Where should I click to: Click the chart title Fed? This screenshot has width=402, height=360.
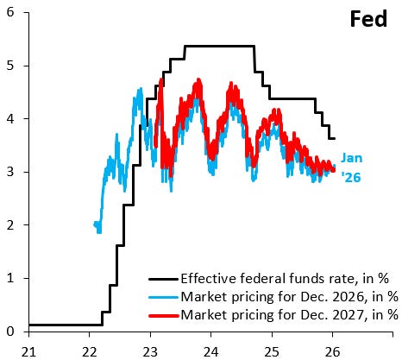pos(368,20)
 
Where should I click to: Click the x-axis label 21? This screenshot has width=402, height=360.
pos(28,350)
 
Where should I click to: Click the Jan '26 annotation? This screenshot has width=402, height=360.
pos(354,167)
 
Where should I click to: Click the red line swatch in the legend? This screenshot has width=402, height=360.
pos(162,315)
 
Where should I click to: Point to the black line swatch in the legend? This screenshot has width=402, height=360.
pos(162,280)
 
